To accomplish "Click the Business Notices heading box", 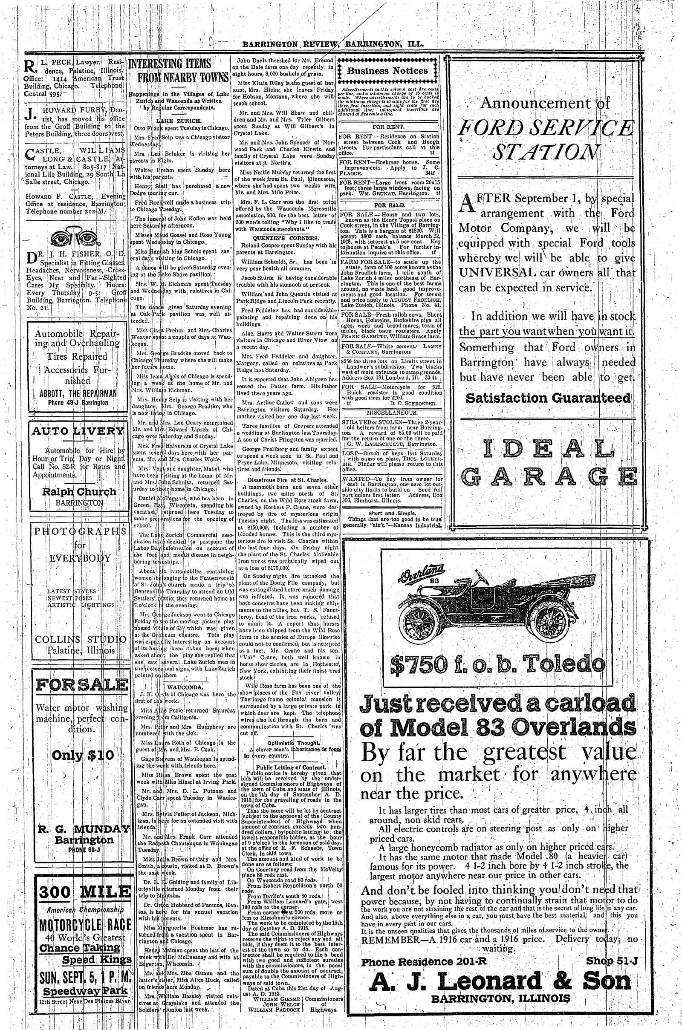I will pos(387,71).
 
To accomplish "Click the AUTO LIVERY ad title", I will pos(79,431).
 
